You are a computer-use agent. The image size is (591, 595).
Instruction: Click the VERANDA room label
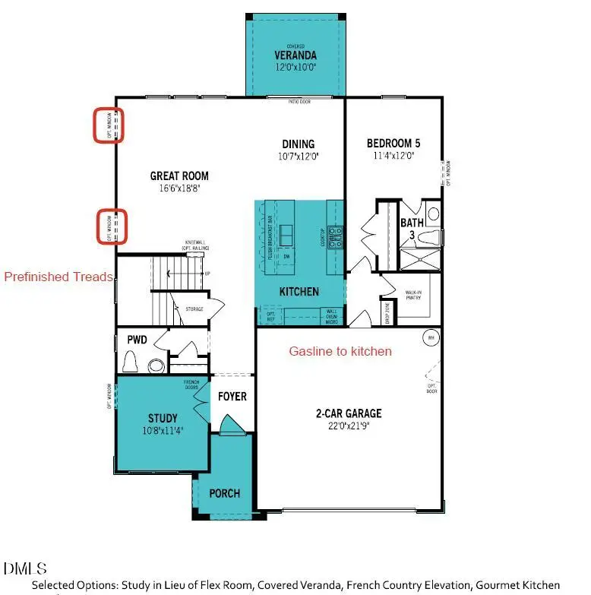295,55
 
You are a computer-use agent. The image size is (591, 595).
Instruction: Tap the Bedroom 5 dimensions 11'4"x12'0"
393,156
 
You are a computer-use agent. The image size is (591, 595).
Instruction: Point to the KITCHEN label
299,292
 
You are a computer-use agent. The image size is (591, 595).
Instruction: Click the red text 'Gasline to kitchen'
340,351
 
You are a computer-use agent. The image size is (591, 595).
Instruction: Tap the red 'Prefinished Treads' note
58,277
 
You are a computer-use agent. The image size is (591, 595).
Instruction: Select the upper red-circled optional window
109,125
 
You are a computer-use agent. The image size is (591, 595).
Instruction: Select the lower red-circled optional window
111,227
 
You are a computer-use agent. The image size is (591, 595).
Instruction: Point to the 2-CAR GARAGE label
349,414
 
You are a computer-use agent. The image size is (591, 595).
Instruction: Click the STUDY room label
163,418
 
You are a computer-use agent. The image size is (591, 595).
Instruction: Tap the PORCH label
224,493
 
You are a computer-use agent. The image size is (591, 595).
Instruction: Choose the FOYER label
232,397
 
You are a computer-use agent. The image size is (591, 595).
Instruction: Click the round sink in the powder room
157,362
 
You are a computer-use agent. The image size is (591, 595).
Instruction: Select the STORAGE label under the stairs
194,309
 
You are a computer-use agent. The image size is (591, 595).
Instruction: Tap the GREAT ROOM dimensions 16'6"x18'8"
179,188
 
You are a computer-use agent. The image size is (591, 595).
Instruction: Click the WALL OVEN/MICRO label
333,315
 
